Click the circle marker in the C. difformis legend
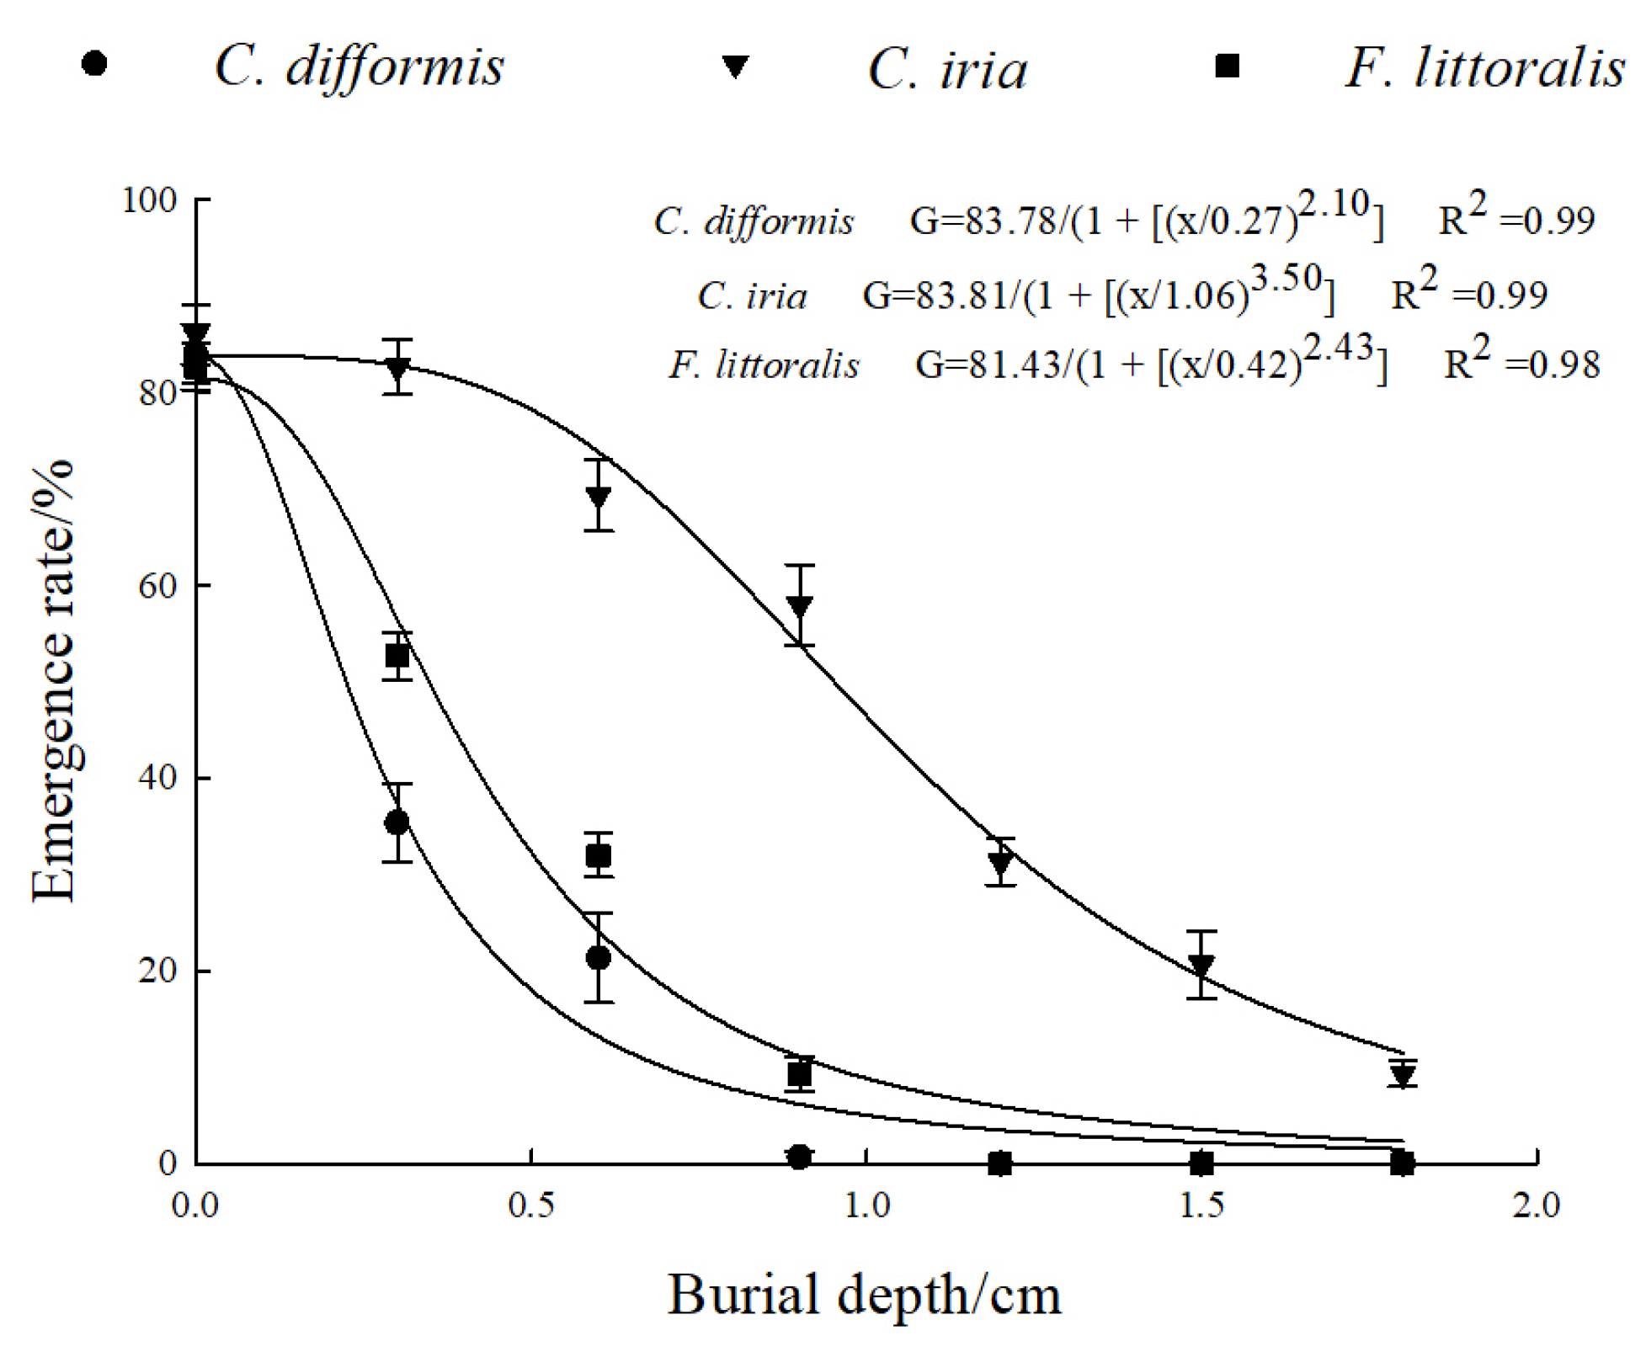tap(94, 63)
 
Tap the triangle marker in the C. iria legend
tap(735, 66)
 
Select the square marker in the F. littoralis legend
tap(1227, 65)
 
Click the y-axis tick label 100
tap(149, 200)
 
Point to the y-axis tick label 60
tap(157, 585)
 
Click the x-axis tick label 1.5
tap(1201, 1206)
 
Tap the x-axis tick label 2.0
tap(1536, 1206)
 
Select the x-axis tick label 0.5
tap(531, 1206)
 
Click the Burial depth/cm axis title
tap(864, 1295)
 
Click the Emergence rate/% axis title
tap(52, 680)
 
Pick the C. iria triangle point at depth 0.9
tap(800, 605)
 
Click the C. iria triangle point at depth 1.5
tap(1201, 965)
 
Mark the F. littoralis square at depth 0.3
tap(397, 655)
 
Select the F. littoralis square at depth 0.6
tap(598, 856)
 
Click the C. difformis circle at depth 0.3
tap(397, 822)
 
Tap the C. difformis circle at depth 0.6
tap(598, 957)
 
